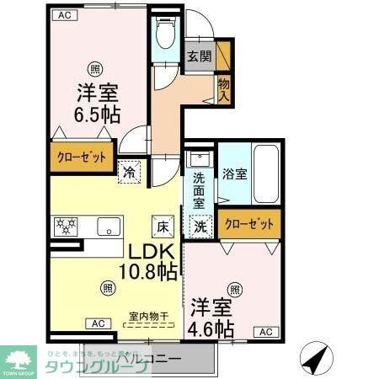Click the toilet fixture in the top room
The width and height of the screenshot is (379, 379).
166,35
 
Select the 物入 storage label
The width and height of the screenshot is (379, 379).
223,88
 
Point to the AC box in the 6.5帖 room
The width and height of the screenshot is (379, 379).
63,14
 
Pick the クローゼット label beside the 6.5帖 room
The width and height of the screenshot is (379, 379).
80,157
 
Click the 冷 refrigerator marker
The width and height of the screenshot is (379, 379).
131,169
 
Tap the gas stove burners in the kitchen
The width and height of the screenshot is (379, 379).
67,225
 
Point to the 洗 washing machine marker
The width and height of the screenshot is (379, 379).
200,225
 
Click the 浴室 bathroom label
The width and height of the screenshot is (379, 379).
234,174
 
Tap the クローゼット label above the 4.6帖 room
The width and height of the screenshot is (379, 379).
249,224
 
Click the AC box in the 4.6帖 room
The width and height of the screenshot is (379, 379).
265,332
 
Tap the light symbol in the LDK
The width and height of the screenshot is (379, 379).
109,287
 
